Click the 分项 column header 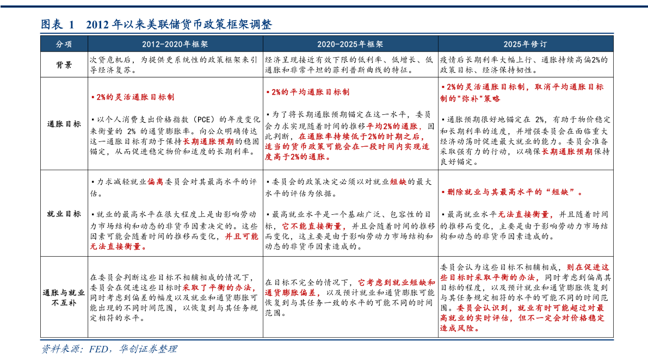click(x=64, y=44)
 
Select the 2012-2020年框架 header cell click(x=175, y=44)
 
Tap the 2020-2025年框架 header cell click(x=350, y=44)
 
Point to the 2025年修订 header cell click(x=525, y=44)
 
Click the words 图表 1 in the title click(x=58, y=24)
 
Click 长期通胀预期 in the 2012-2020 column click(x=208, y=141)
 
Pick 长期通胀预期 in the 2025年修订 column click(x=567, y=152)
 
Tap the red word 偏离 click(x=155, y=182)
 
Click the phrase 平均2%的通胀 click(x=394, y=126)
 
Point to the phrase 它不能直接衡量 click(x=314, y=226)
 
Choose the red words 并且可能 click(x=242, y=237)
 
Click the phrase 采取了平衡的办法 click(x=219, y=288)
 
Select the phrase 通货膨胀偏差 click(x=293, y=293)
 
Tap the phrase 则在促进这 click(x=588, y=267)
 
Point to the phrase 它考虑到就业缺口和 click(x=397, y=282)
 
